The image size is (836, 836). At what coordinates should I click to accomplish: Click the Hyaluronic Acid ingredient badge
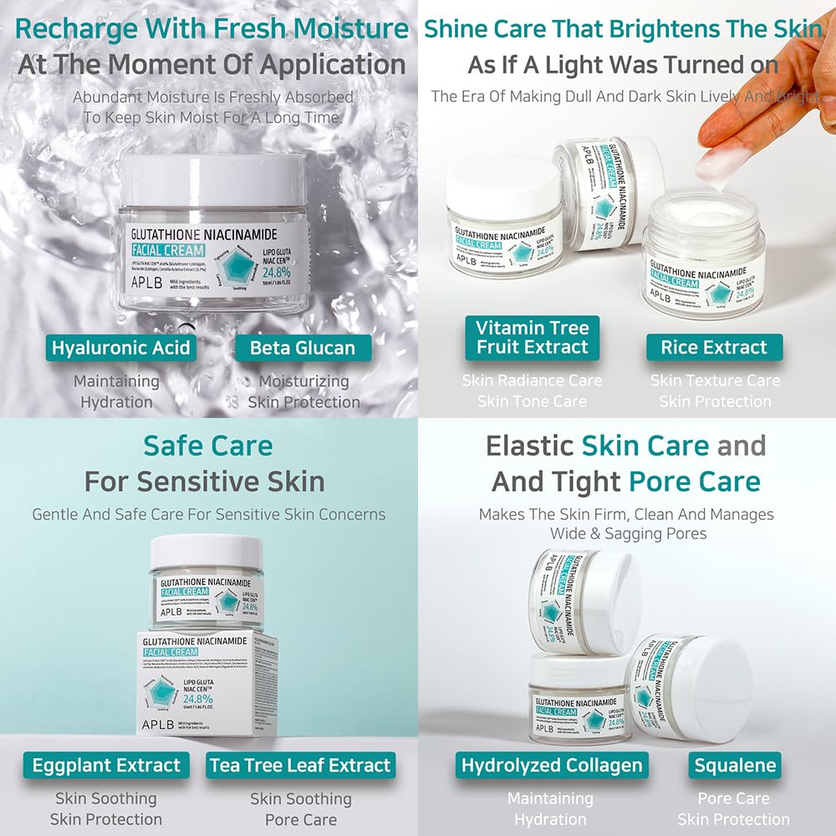pos(121,348)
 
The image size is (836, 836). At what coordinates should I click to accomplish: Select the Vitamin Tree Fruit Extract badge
pos(533,338)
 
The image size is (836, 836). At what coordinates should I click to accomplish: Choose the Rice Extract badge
pos(714,348)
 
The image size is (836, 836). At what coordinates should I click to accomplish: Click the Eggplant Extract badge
pos(106,765)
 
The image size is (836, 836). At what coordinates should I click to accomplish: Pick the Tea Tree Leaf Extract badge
pos(300,765)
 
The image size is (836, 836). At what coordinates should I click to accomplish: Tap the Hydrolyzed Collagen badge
pos(552,765)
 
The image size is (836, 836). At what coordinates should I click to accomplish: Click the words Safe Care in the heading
pos(207,446)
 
